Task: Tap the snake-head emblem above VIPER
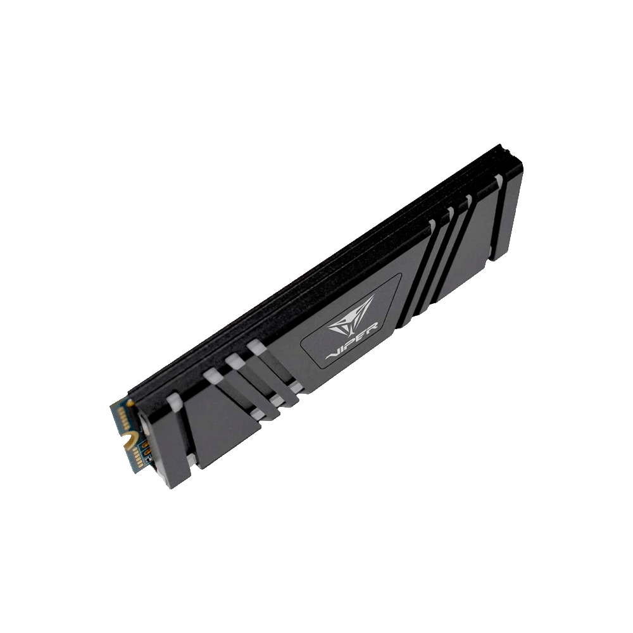click(x=352, y=311)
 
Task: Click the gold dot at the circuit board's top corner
click(x=130, y=402)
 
